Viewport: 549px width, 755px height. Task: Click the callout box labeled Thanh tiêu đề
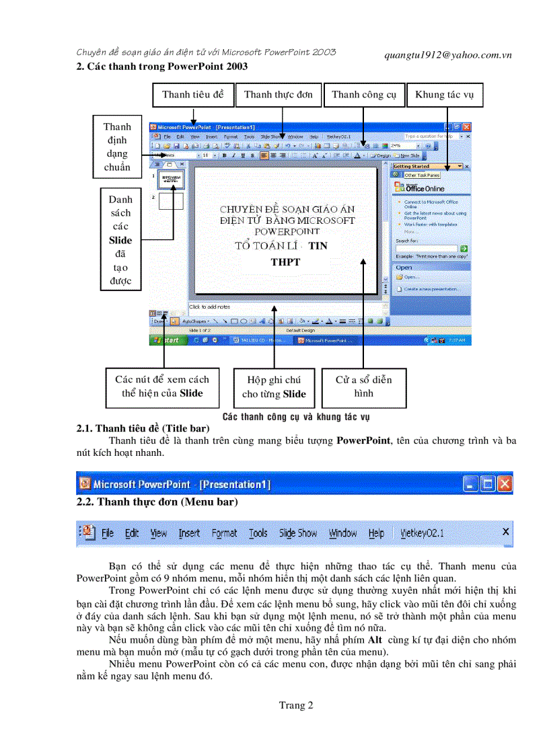[x=193, y=95]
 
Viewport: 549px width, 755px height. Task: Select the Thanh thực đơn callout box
[x=278, y=95]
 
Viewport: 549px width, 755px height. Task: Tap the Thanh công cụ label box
[x=363, y=95]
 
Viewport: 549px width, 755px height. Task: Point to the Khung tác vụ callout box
[x=444, y=95]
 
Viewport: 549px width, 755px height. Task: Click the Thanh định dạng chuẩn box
[x=117, y=147]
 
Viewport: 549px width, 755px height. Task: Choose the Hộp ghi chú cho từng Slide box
[x=274, y=387]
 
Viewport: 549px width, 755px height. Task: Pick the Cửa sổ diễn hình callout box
[x=363, y=387]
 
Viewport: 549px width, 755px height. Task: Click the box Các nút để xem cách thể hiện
[x=161, y=387]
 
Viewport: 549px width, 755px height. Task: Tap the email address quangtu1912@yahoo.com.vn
[x=442, y=55]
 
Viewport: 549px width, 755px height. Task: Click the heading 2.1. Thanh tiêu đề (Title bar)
[x=143, y=428]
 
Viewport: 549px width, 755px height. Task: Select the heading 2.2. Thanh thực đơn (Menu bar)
[x=156, y=502]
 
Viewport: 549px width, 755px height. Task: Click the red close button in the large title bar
[x=505, y=483]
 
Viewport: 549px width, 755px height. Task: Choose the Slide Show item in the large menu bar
[x=298, y=533]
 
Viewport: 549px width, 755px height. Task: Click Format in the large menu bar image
[x=224, y=533]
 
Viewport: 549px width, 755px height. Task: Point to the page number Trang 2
[x=296, y=705]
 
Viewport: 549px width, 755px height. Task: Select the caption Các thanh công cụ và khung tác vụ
[x=296, y=417]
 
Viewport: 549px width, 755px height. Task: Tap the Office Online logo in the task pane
[x=424, y=188]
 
